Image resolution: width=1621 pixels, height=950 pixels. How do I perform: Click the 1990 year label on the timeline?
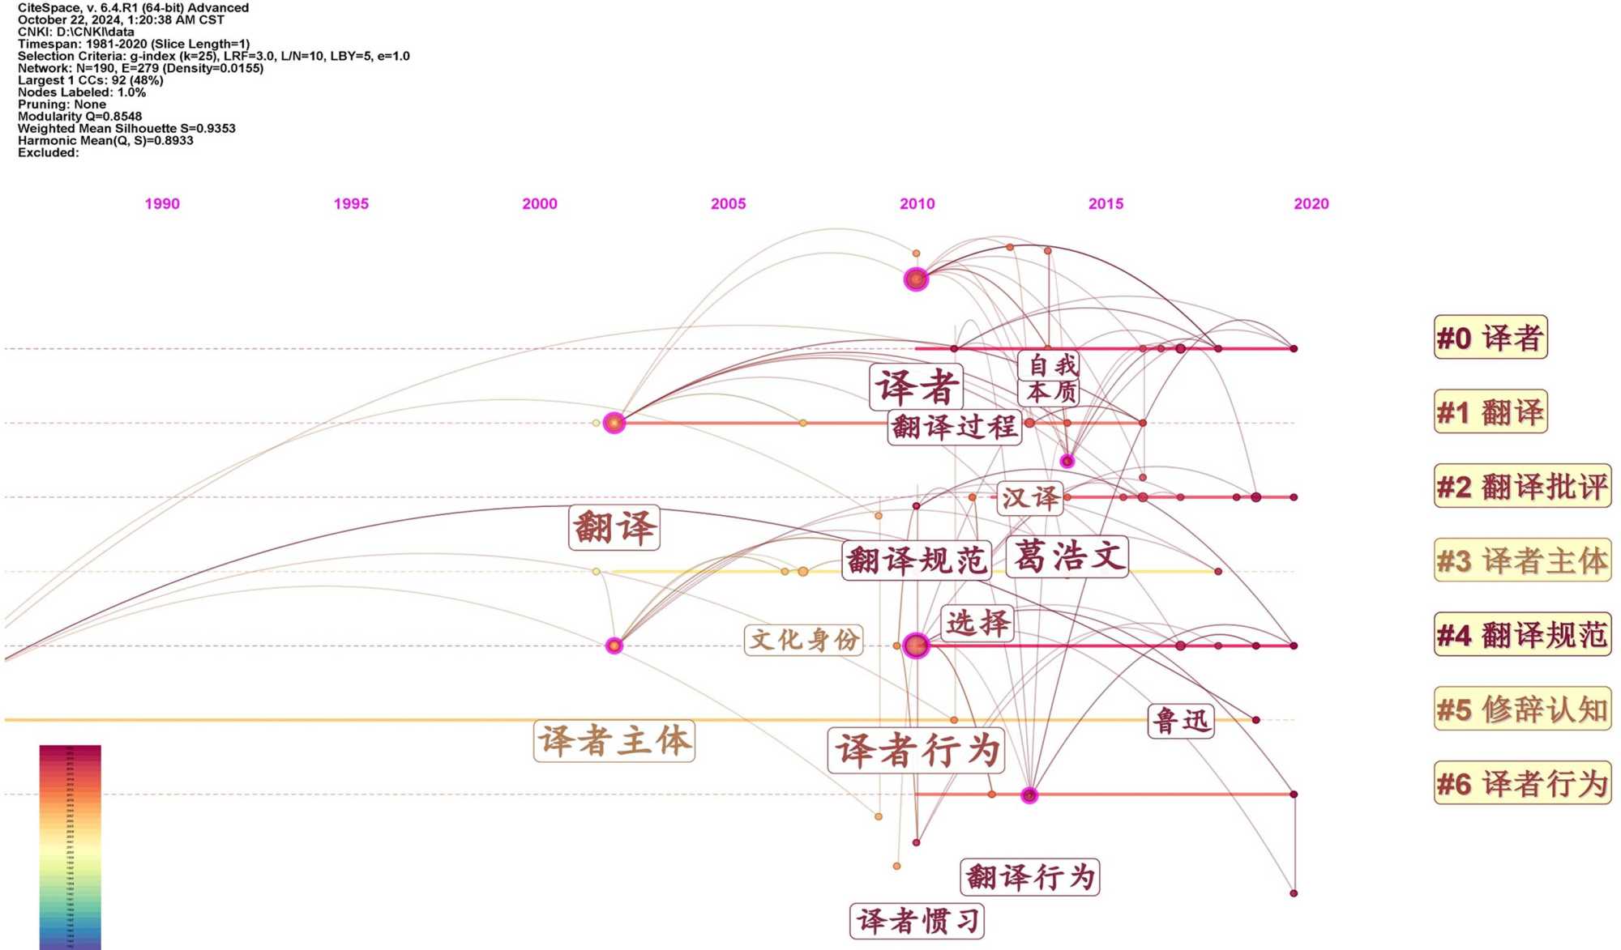click(x=162, y=204)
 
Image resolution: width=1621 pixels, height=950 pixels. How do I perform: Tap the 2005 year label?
click(x=728, y=204)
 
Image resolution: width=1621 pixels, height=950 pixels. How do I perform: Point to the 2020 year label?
click(x=1311, y=204)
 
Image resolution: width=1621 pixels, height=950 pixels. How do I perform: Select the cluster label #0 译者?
click(x=1490, y=338)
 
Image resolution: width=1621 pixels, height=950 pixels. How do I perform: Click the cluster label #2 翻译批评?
click(x=1522, y=487)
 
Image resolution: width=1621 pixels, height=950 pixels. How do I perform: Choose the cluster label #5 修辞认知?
click(x=1522, y=709)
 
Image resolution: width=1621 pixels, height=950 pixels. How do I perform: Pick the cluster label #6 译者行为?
click(x=1522, y=784)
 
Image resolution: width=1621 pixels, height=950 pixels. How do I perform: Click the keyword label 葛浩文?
click(x=1068, y=557)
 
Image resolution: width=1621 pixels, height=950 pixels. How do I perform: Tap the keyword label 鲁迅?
click(x=1181, y=721)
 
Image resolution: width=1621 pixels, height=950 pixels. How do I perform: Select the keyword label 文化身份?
click(x=803, y=640)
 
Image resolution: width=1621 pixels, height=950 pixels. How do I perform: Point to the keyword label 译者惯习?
click(x=917, y=921)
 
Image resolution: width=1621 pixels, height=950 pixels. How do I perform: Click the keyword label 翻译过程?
click(x=954, y=427)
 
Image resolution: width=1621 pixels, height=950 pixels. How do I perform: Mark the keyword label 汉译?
click(x=1030, y=497)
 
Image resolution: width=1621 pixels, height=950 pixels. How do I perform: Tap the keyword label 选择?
click(x=977, y=623)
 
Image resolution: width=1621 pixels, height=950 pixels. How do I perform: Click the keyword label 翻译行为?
click(x=1030, y=877)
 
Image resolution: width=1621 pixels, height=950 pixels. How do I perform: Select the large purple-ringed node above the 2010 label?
click(x=916, y=279)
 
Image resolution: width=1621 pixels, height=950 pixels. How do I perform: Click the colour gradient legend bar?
click(x=70, y=846)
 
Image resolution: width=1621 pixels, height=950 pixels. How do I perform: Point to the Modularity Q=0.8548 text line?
click(x=79, y=117)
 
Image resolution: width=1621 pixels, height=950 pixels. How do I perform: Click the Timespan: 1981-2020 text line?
click(x=134, y=44)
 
